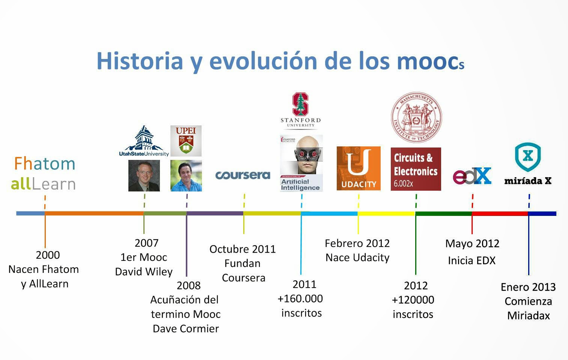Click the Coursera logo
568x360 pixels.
(x=243, y=175)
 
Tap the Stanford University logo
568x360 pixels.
(x=300, y=110)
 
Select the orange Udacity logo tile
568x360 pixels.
(x=359, y=169)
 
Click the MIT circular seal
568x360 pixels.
(x=416, y=117)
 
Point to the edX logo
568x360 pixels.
(x=472, y=176)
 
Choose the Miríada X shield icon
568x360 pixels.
(x=528, y=157)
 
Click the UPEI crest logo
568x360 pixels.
(x=186, y=141)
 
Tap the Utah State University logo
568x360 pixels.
(x=144, y=142)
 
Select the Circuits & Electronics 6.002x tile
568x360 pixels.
(x=416, y=169)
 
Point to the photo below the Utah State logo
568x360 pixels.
(x=144, y=176)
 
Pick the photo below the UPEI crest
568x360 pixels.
(x=186, y=176)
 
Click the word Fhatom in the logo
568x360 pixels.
(x=44, y=164)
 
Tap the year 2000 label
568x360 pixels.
(x=48, y=255)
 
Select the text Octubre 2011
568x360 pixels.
(x=243, y=249)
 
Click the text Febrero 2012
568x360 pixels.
(x=357, y=243)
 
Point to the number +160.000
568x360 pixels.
(x=300, y=298)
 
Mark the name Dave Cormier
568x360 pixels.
(x=186, y=328)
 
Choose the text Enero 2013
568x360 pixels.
(x=528, y=287)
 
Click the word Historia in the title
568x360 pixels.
(x=140, y=61)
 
